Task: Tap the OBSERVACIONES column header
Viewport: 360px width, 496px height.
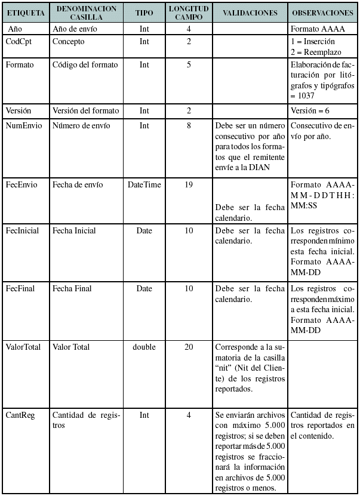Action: click(x=323, y=13)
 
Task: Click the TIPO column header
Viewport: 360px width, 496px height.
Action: click(x=144, y=13)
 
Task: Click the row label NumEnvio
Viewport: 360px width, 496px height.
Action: click(x=24, y=125)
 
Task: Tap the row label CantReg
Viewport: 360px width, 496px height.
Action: click(x=20, y=415)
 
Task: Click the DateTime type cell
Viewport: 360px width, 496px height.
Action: click(x=144, y=184)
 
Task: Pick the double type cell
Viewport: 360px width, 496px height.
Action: click(x=144, y=347)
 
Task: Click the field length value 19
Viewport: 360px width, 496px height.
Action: click(x=189, y=184)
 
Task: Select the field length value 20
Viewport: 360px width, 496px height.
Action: click(x=189, y=347)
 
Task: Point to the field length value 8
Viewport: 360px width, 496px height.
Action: click(x=189, y=125)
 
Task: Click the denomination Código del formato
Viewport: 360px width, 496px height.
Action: click(x=85, y=64)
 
